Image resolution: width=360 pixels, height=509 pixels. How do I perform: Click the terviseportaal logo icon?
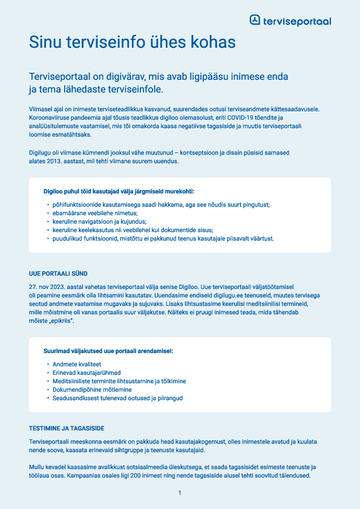click(255, 20)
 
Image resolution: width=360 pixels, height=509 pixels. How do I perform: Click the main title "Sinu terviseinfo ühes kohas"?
click(132, 42)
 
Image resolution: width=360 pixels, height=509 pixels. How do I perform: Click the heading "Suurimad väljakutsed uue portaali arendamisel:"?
click(108, 351)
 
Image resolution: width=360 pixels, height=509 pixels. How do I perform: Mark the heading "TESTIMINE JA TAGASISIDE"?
click(67, 428)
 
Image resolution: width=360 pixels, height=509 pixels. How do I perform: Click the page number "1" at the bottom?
click(180, 494)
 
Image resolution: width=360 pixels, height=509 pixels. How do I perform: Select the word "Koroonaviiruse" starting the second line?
click(49, 117)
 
